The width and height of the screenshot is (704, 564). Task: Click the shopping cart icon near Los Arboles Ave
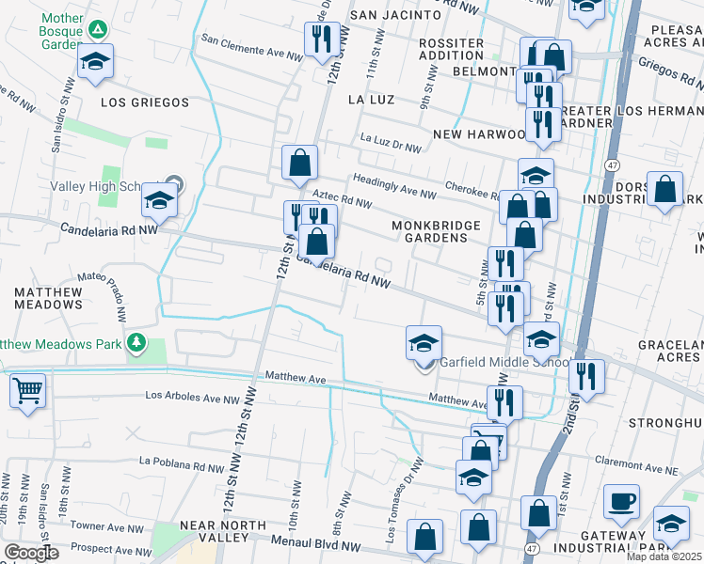[27, 389]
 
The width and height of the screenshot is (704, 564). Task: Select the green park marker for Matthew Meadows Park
[138, 342]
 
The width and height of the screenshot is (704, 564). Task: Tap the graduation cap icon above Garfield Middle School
[424, 342]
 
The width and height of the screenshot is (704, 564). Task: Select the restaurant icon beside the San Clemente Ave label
[322, 39]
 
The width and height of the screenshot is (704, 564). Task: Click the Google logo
[31, 553]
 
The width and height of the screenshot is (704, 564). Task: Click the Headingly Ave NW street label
[394, 187]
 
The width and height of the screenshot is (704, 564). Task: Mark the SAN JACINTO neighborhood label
[395, 15]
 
